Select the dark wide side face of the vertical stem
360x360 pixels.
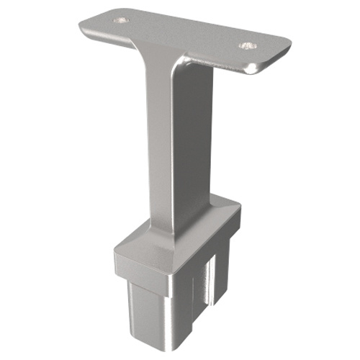191,144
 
